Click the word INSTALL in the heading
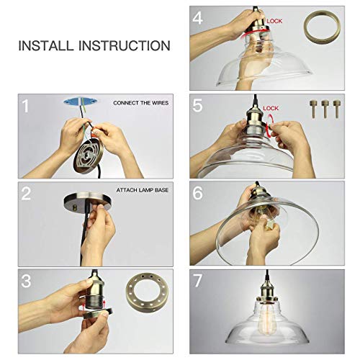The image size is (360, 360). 45,45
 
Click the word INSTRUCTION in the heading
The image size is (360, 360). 125,45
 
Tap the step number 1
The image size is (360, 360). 26,106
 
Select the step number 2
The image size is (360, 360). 26,194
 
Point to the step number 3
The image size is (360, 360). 26,281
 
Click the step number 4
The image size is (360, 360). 197,18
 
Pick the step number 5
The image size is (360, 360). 197,106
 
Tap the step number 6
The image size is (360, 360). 197,193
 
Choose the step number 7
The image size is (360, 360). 197,281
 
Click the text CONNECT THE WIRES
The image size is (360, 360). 141,103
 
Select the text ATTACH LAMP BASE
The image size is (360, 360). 143,190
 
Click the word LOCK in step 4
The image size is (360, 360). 274,21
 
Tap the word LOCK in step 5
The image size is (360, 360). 271,109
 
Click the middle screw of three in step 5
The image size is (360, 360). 325,109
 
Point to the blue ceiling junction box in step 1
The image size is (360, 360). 81,101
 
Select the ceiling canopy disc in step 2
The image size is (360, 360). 88,202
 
